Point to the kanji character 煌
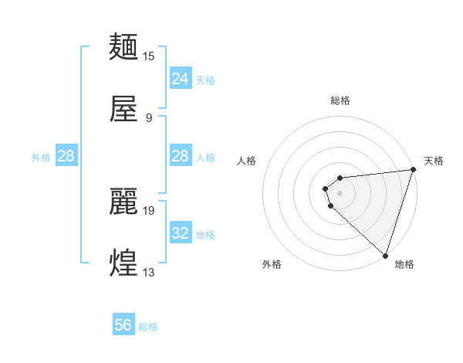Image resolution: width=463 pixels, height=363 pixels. pyautogui.click(x=124, y=263)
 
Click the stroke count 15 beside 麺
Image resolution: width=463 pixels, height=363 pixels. pyautogui.click(x=149, y=56)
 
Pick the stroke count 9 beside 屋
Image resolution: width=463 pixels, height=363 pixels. pyautogui.click(x=149, y=118)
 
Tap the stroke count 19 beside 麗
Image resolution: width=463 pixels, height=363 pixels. pyautogui.click(x=149, y=210)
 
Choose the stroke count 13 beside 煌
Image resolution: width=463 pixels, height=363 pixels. pyautogui.click(x=149, y=273)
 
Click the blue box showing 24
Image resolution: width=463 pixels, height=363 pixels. pyautogui.click(x=180, y=78)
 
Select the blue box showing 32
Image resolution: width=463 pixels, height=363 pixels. pyautogui.click(x=180, y=232)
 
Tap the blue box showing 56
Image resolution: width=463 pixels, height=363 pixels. pyautogui.click(x=123, y=325)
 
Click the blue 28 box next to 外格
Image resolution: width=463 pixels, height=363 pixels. pyautogui.click(x=66, y=156)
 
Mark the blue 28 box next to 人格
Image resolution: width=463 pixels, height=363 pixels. pyautogui.click(x=180, y=156)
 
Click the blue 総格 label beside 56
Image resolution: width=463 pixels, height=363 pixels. pyautogui.click(x=148, y=327)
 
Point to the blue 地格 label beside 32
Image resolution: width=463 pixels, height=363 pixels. pyautogui.click(x=205, y=234)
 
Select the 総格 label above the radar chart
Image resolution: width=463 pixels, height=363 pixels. pyautogui.click(x=340, y=100)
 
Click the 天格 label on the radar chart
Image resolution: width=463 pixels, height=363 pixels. pyautogui.click(x=434, y=161)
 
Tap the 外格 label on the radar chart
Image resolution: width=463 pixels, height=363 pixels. pyautogui.click(x=272, y=264)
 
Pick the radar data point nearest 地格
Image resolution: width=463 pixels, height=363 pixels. pyautogui.click(x=385, y=256)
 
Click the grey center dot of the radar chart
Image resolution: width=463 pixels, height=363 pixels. pyautogui.click(x=340, y=192)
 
